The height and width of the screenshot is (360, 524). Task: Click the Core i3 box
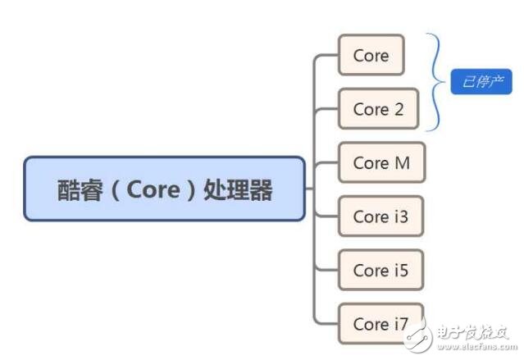[380, 216]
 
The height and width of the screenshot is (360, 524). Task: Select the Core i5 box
[380, 270]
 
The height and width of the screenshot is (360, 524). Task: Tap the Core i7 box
[380, 323]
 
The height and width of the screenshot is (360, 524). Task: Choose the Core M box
[380, 162]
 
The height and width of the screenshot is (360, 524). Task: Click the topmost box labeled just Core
[371, 56]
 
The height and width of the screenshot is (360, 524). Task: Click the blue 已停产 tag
[481, 82]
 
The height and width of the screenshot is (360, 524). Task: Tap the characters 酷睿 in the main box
[78, 190]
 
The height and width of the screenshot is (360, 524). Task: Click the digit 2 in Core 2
[399, 109]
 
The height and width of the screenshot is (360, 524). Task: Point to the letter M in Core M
[401, 162]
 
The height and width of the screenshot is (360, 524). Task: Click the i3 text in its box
[399, 216]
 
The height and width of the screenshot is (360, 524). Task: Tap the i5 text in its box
[399, 270]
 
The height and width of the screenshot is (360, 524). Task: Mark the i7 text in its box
[399, 323]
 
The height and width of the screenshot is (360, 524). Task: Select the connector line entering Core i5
[326, 270]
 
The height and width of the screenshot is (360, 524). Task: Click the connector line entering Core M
[326, 162]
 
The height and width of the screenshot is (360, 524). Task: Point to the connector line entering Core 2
[326, 109]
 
